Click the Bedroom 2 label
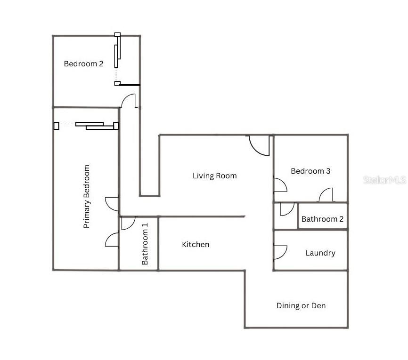pyautogui.click(x=83, y=64)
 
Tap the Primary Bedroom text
pyautogui.click(x=86, y=197)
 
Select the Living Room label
pyautogui.click(x=215, y=176)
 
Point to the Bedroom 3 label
pyautogui.click(x=310, y=171)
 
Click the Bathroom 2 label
pyautogui.click(x=322, y=219)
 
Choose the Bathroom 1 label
pyautogui.click(x=145, y=244)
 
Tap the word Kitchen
pyautogui.click(x=196, y=244)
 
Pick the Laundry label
pyautogui.click(x=320, y=253)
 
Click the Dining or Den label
pyautogui.click(x=301, y=306)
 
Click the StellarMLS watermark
pyautogui.click(x=384, y=180)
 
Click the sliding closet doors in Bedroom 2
pyautogui.click(x=117, y=59)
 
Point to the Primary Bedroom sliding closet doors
pyautogui.click(x=86, y=126)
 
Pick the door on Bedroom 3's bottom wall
pyautogui.click(x=326, y=194)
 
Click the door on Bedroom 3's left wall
pyautogui.click(x=280, y=185)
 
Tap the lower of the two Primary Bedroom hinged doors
pyautogui.click(x=112, y=240)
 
